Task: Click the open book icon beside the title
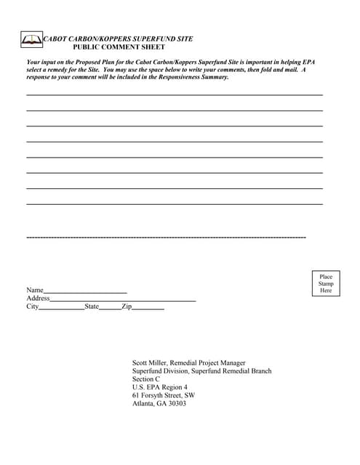tap(32, 40)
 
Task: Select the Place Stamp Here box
tap(326, 283)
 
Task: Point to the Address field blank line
tap(123, 300)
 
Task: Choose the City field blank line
tap(61, 309)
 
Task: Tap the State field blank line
tap(110, 309)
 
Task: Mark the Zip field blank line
tap(148, 309)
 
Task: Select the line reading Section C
tap(146, 379)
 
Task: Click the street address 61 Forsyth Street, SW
tap(163, 395)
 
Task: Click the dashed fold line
tap(166, 238)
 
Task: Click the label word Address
tap(38, 298)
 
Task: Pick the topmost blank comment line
tap(175, 95)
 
